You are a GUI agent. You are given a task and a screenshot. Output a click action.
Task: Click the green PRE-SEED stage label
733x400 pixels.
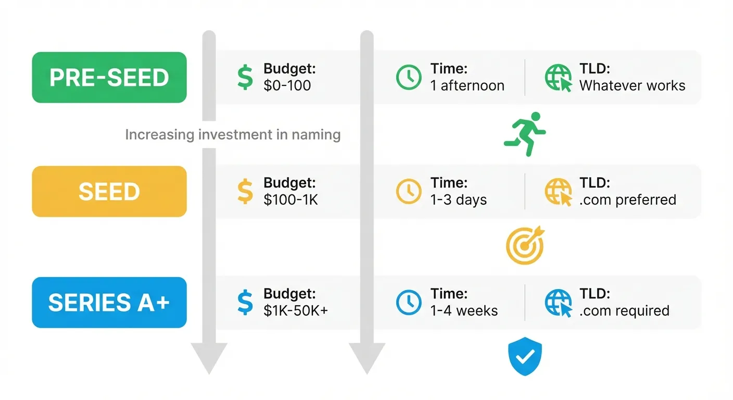pyautogui.click(x=109, y=77)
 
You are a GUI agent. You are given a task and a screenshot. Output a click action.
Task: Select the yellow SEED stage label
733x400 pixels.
pyautogui.click(x=109, y=191)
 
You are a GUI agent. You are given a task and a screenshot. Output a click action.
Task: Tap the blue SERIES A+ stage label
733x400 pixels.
pyautogui.click(x=109, y=303)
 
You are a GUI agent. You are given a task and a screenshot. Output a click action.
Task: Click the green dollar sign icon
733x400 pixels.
pyautogui.click(x=245, y=77)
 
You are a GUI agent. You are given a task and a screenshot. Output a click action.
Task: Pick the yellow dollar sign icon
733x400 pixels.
pyautogui.click(x=245, y=191)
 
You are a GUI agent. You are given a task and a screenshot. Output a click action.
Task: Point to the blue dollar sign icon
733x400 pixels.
pyautogui.click(x=245, y=303)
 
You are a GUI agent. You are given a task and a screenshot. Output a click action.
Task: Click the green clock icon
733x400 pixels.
pyautogui.click(x=409, y=77)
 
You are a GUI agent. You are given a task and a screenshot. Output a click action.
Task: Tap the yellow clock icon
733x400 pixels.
pyautogui.click(x=409, y=191)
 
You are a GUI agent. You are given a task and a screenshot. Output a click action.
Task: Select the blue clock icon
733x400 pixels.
pyautogui.click(x=409, y=303)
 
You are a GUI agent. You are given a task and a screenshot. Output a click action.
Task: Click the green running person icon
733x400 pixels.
pyautogui.click(x=524, y=134)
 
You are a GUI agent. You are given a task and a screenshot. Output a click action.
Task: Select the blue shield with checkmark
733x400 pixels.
pyautogui.click(x=525, y=356)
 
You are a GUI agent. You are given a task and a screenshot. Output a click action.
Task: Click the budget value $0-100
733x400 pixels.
pyautogui.click(x=287, y=85)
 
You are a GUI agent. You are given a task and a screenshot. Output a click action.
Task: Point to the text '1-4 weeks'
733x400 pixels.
pyautogui.click(x=464, y=311)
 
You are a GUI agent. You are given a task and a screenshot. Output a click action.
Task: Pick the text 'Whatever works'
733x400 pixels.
pyautogui.click(x=632, y=85)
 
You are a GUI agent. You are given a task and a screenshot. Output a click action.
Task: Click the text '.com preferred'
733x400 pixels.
pyautogui.click(x=627, y=199)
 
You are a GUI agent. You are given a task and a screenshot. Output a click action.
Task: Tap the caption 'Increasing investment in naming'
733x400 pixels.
pyautogui.click(x=233, y=135)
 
